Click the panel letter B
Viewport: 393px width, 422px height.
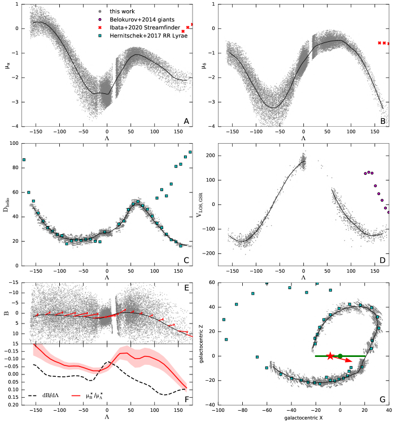pyautogui.click(x=383, y=120)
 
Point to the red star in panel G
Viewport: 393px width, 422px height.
pyautogui.click(x=330, y=356)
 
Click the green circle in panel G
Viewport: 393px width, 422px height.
pyautogui.click(x=340, y=356)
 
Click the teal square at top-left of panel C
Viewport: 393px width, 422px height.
pyautogui.click(x=24, y=160)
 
